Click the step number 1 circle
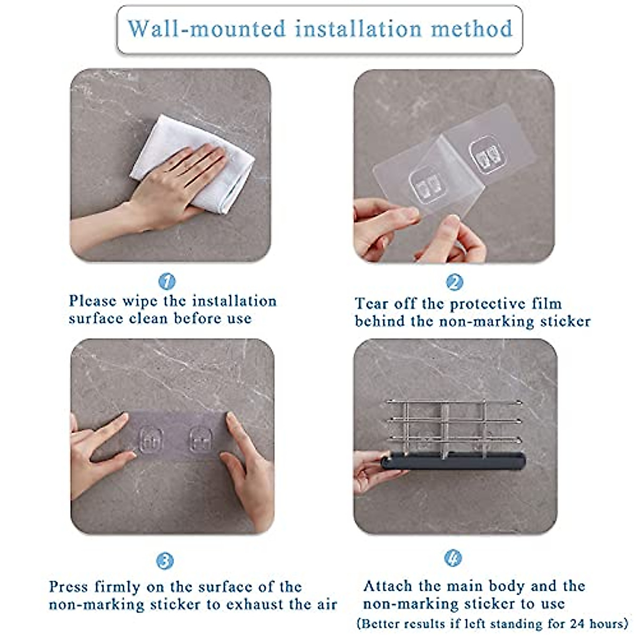coord(167,281)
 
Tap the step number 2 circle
coord(455,282)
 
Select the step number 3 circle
coord(165,561)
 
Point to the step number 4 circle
coord(453,558)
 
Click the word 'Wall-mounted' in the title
coord(207,29)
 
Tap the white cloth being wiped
coord(195,162)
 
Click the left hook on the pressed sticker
coord(151,440)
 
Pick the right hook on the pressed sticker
coord(200,440)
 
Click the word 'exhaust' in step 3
coord(254,605)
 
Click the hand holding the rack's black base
coord(377,472)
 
